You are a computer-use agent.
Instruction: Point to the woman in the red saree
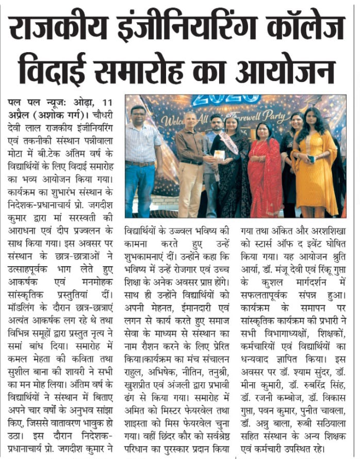264,170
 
